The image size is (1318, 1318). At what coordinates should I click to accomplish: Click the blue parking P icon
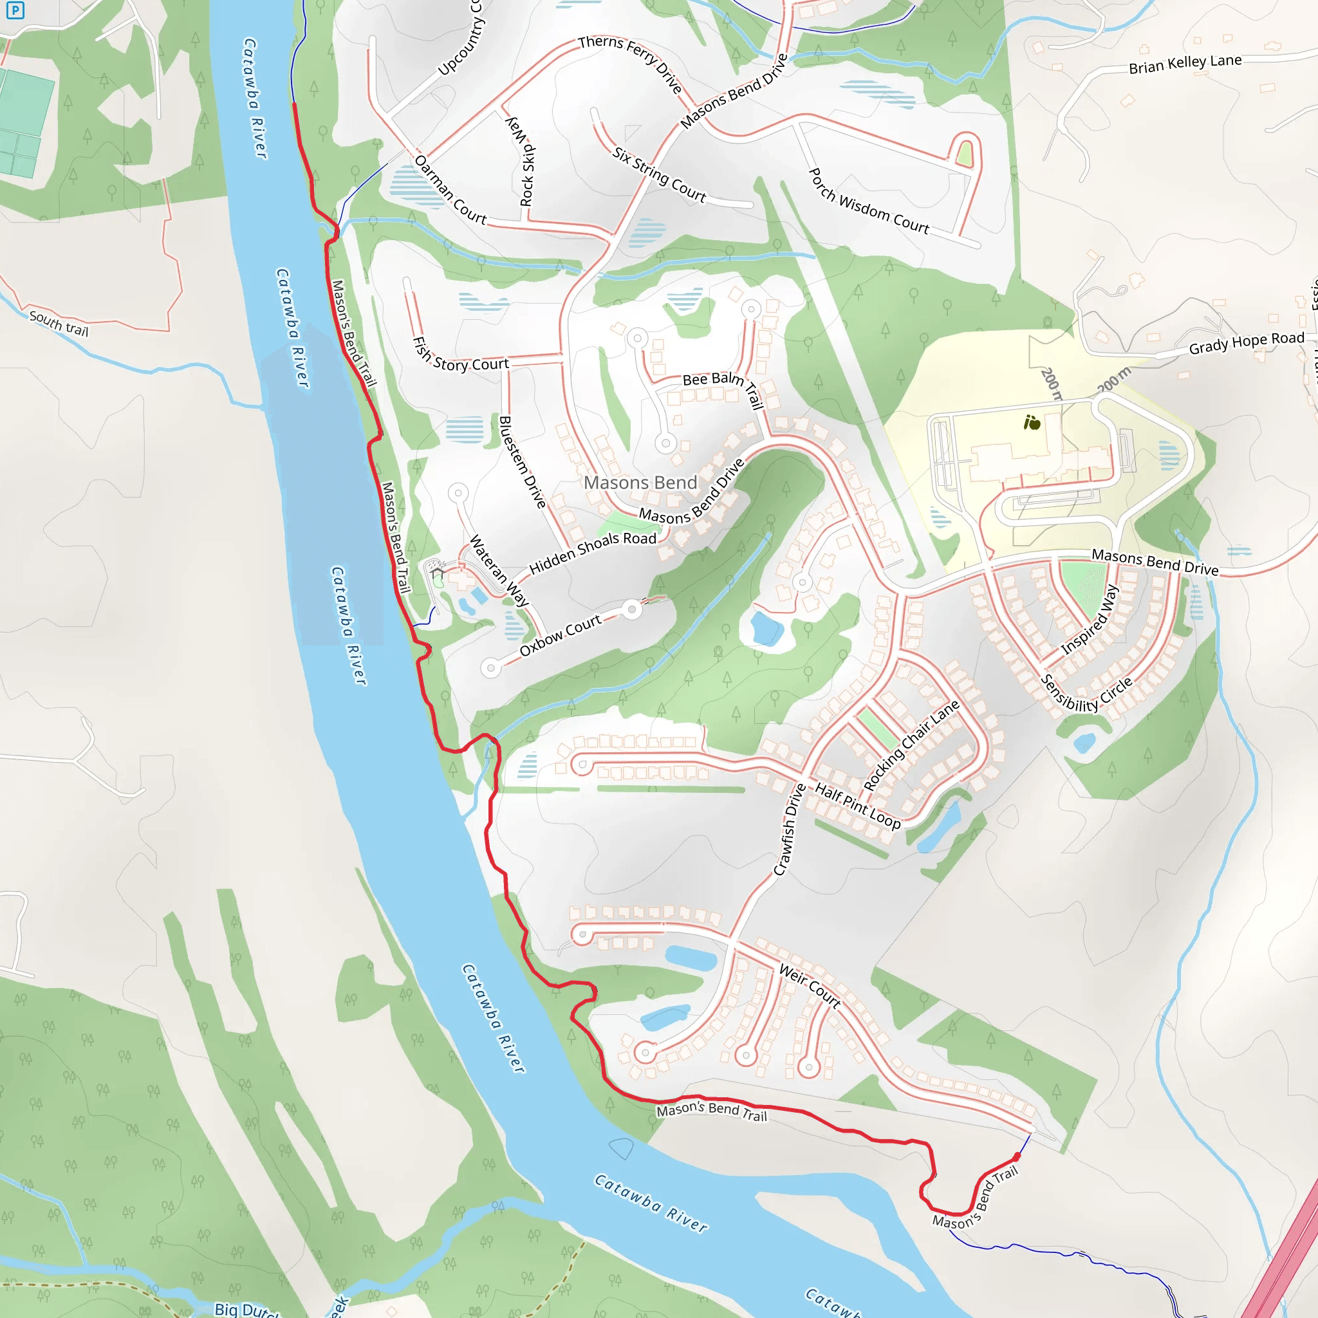tap(15, 10)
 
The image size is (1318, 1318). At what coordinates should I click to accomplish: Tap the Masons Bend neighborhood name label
tap(640, 482)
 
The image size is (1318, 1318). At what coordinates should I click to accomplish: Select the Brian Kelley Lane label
tap(1185, 64)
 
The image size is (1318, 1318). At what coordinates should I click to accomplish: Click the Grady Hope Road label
tap(1247, 343)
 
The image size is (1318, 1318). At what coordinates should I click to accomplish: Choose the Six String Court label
tap(659, 174)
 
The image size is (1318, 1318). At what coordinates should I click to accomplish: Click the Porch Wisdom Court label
tap(868, 202)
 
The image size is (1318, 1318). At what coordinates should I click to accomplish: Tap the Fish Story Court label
tap(461, 356)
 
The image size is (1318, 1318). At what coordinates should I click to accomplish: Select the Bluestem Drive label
tap(523, 462)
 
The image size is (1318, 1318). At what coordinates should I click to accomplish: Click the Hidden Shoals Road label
tap(592, 552)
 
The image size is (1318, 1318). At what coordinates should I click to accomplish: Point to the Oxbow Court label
tap(560, 635)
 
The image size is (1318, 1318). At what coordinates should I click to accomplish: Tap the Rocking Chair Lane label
tap(911, 745)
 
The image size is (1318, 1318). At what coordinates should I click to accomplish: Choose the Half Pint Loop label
tap(857, 806)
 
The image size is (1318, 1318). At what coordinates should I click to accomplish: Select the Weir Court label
tap(810, 987)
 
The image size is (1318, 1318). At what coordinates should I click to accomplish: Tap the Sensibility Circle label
tap(1086, 694)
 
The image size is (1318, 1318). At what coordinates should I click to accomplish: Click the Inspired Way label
tap(1090, 620)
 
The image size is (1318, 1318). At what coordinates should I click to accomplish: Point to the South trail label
tap(59, 323)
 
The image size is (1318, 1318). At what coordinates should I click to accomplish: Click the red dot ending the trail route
tap(1016, 1157)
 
